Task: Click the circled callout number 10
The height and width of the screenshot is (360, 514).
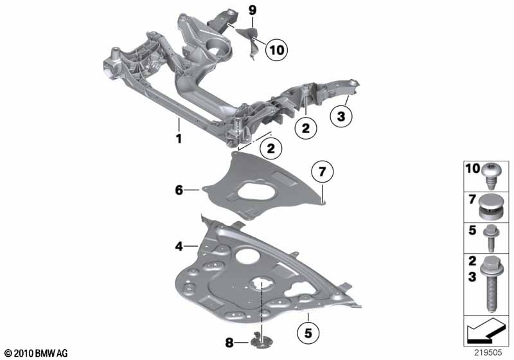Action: [x=276, y=50]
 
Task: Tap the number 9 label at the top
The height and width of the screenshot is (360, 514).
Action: [x=252, y=10]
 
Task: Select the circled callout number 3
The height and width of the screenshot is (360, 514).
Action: [x=341, y=116]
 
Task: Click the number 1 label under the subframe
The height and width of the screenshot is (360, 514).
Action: [x=179, y=138]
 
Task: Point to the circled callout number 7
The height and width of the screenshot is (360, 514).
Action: [x=322, y=172]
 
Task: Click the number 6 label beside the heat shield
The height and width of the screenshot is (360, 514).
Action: [x=179, y=190]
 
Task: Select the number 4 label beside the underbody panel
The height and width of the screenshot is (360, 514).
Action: [x=179, y=246]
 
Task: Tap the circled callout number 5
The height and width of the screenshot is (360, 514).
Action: [x=308, y=333]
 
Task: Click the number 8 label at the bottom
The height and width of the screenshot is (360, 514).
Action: [x=229, y=343]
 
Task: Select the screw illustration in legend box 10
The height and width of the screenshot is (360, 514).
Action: [x=490, y=176]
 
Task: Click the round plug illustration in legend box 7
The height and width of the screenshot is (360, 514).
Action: [x=490, y=206]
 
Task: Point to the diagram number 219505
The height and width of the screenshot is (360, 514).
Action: [x=488, y=352]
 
